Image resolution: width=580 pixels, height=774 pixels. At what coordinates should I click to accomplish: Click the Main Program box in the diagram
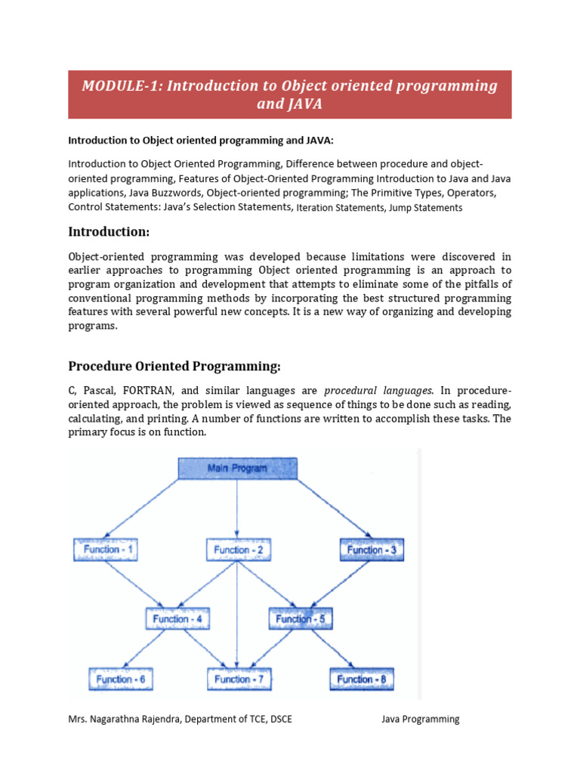[238, 469]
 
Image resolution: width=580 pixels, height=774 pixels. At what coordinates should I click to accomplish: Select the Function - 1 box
[105, 550]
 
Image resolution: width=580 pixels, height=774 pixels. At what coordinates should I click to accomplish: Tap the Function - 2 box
[238, 550]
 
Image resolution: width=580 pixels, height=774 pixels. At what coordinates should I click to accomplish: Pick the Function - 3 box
[371, 550]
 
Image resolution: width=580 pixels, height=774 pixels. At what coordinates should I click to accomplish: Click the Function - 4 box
[177, 619]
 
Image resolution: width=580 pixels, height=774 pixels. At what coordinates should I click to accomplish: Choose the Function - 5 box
[301, 619]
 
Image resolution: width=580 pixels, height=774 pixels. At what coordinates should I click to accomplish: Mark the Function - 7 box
[238, 680]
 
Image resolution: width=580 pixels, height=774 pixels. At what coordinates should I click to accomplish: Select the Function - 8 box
[360, 680]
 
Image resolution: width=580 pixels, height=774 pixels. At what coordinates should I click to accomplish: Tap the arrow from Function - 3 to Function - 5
[340, 584]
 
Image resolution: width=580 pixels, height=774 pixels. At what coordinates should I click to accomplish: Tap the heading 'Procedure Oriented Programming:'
[174, 367]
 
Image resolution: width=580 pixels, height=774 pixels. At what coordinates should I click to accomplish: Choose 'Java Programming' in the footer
[420, 720]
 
